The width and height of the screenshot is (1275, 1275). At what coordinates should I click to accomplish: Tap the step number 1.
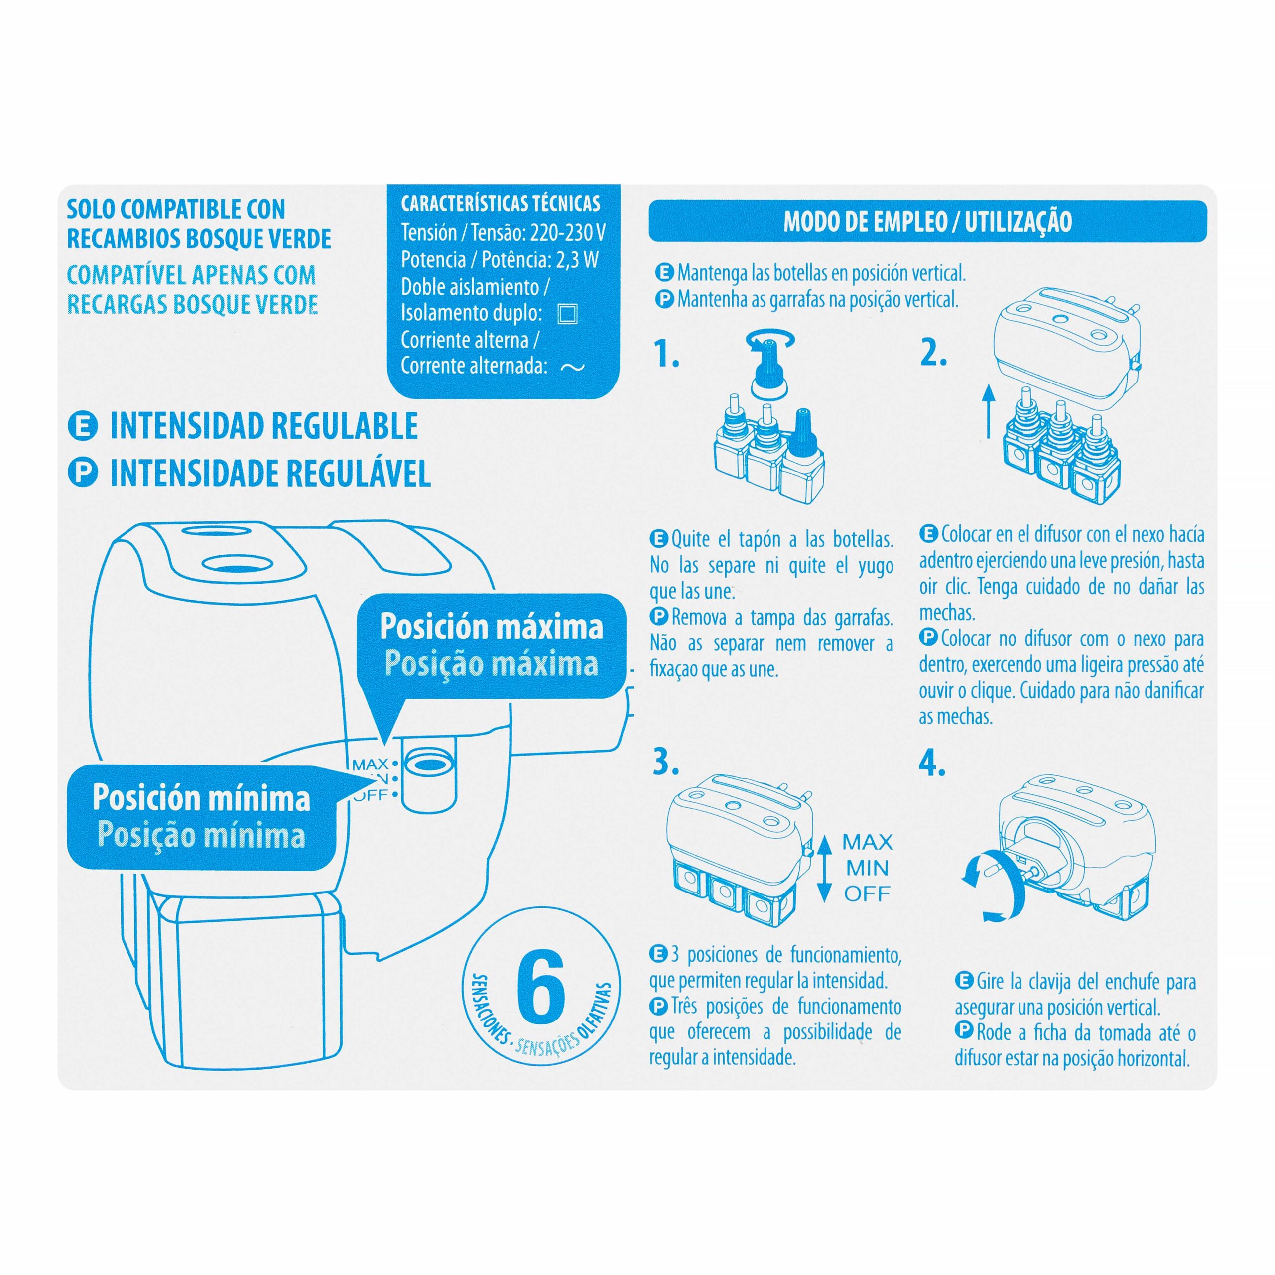click(x=666, y=355)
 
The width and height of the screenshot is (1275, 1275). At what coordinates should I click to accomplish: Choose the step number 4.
click(x=932, y=764)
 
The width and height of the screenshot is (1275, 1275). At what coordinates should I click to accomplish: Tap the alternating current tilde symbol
click(x=572, y=368)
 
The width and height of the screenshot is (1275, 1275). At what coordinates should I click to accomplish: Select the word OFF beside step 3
click(x=867, y=893)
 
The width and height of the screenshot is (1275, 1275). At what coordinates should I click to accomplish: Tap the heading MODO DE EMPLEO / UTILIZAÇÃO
click(x=927, y=221)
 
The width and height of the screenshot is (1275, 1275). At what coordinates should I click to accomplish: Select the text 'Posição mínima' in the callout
click(x=201, y=834)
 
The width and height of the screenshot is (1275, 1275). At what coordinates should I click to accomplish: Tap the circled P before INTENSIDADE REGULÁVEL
click(x=83, y=473)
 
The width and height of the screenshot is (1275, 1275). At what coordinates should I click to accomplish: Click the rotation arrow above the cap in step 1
click(x=769, y=341)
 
